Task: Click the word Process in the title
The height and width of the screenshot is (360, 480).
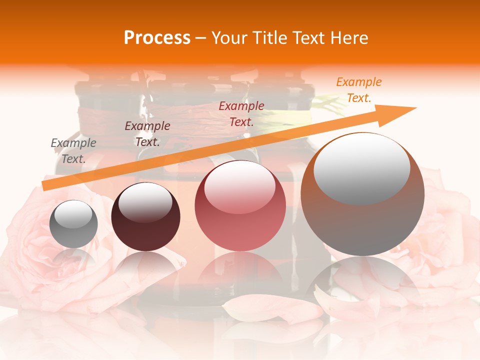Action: (x=157, y=38)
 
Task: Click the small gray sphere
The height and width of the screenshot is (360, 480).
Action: (x=73, y=224)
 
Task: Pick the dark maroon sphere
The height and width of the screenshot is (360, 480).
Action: (x=145, y=217)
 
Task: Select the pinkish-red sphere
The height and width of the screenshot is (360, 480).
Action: (x=240, y=206)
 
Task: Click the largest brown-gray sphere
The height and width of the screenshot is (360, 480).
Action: (x=362, y=194)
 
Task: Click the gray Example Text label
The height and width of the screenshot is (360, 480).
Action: (x=73, y=151)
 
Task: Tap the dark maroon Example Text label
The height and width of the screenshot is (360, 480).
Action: (x=147, y=134)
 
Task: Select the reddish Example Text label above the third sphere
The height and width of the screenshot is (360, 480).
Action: (x=241, y=114)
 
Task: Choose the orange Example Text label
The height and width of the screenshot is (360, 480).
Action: (x=359, y=90)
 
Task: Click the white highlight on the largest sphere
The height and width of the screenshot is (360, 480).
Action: (x=362, y=168)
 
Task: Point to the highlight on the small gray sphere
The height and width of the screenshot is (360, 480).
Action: (x=73, y=214)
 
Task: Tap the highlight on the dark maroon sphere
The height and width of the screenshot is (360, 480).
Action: (x=145, y=201)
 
